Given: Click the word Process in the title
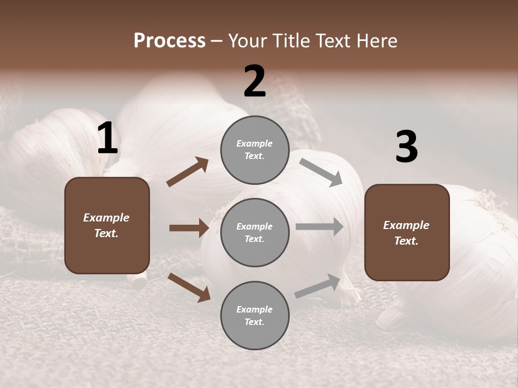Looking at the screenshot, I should click(x=169, y=41).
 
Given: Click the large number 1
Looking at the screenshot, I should click(x=107, y=139).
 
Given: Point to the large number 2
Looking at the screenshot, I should click(x=255, y=81).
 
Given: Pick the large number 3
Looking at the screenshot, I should click(x=406, y=147).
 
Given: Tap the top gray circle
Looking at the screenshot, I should click(x=255, y=150).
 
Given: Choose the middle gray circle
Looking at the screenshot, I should click(x=255, y=233).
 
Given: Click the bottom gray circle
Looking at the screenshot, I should click(x=255, y=316).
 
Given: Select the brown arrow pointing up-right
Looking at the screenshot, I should click(x=188, y=171).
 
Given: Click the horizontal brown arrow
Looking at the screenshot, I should click(x=189, y=228).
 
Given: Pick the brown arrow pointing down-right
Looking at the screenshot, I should click(x=189, y=287).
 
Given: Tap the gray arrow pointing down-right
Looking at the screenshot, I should click(x=321, y=172).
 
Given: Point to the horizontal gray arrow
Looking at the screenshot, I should click(x=319, y=226).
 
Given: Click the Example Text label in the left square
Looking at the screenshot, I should click(x=106, y=225).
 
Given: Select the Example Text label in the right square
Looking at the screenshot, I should click(x=406, y=233).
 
